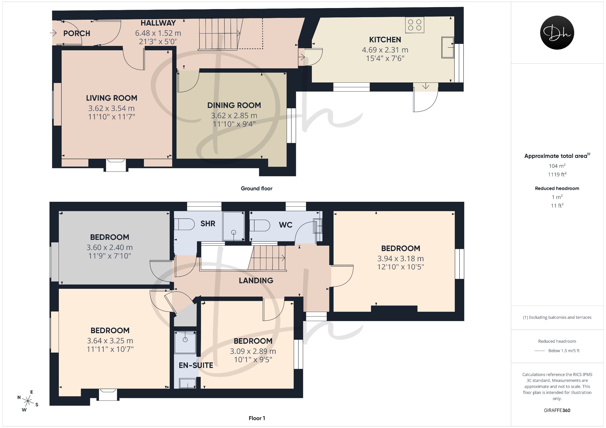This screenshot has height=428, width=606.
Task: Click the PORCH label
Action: point(77,34)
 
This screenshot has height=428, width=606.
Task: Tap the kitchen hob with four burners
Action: point(415,25)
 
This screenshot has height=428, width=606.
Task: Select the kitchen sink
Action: point(448,47)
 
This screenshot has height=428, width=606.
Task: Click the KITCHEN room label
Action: point(385,40)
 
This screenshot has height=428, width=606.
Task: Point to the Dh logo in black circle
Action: point(557,33)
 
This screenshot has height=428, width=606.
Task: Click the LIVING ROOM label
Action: point(112,98)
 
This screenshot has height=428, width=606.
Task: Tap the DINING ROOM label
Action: point(234,105)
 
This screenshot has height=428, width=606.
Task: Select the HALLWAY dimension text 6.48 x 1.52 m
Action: point(158,33)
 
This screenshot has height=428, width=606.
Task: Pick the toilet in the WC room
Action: point(260,226)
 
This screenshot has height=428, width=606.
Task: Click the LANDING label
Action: point(256,281)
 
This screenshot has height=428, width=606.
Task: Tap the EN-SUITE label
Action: point(196,365)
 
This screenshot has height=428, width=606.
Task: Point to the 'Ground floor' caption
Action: point(257,188)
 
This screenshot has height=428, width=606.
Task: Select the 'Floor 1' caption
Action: point(257,418)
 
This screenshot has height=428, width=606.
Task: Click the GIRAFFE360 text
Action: point(557,410)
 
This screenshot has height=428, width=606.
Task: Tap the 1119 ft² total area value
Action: point(557,174)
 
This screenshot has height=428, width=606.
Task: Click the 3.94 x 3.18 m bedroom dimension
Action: point(400,259)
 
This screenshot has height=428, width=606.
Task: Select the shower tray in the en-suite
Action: point(185,342)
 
